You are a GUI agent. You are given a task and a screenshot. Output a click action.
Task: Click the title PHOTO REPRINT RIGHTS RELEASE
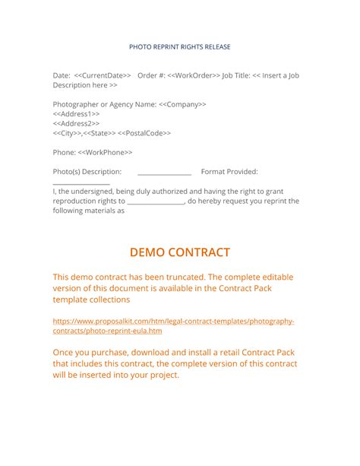click(180, 47)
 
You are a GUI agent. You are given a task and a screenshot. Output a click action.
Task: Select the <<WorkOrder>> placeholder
click(194, 76)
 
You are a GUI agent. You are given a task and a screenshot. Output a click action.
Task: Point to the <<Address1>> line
click(76, 114)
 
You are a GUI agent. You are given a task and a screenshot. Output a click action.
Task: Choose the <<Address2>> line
click(76, 123)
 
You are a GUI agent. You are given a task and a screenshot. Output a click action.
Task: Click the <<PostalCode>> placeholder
click(144, 133)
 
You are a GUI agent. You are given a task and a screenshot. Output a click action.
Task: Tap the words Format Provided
click(229, 172)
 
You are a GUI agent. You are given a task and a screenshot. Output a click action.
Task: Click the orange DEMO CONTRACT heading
click(180, 252)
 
